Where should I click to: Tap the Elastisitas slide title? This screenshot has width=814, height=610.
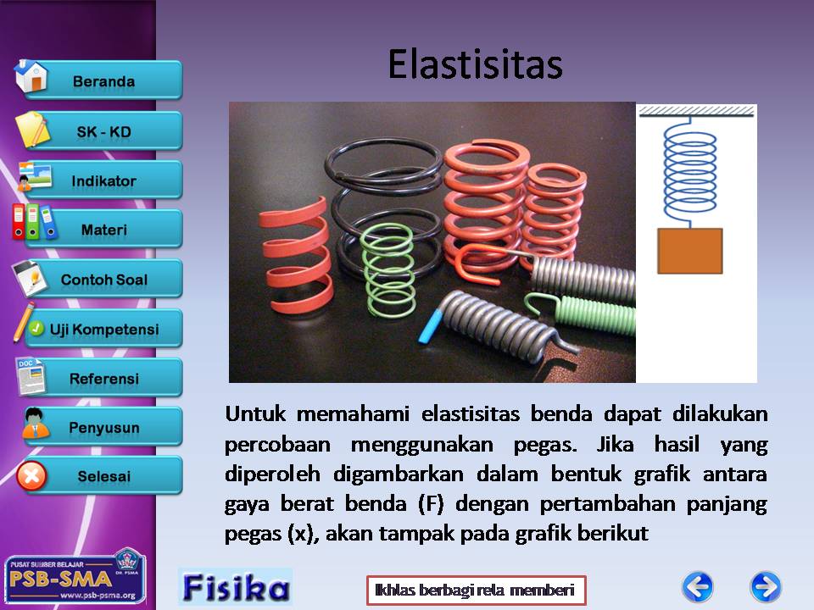click(x=475, y=65)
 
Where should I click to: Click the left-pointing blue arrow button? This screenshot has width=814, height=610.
click(x=698, y=587)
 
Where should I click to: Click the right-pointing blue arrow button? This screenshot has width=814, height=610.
click(x=766, y=587)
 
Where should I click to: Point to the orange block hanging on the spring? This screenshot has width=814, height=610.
click(x=690, y=251)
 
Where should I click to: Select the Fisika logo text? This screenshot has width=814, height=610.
click(x=235, y=587)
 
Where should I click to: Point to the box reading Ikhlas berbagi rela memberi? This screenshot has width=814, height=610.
click(x=476, y=590)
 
